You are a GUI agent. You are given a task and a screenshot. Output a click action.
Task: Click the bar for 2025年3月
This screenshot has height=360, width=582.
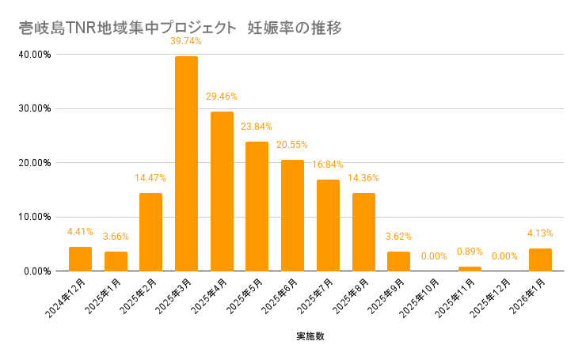(x=186, y=164)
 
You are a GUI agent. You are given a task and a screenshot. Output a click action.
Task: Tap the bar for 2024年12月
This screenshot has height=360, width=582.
(x=80, y=259)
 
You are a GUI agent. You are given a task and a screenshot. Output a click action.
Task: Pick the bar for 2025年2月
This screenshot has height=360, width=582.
(x=150, y=232)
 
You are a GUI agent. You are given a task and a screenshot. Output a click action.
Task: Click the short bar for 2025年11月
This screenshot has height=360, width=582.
(x=470, y=269)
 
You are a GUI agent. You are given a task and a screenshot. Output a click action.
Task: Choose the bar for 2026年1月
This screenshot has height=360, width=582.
(x=540, y=260)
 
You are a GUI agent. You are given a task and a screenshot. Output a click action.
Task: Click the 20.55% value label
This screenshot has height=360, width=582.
(x=292, y=146)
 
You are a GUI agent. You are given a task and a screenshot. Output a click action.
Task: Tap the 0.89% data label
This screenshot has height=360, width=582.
(x=470, y=252)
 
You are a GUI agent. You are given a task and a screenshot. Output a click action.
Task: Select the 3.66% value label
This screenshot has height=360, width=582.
(x=115, y=237)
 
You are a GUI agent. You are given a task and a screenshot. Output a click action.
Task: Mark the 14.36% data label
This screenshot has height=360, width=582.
(x=363, y=179)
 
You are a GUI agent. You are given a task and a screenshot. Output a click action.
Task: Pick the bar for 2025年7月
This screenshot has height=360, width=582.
(x=328, y=225)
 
